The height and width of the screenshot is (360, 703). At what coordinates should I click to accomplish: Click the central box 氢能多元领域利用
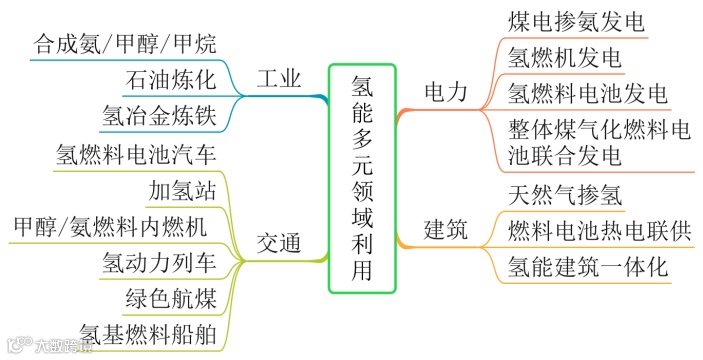[362, 178]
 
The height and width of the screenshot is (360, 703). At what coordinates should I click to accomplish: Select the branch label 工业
[279, 80]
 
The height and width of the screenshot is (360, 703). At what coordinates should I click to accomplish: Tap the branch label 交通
[279, 243]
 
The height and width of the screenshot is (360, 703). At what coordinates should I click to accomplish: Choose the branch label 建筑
[445, 229]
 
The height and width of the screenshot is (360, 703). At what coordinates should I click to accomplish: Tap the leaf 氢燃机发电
[565, 57]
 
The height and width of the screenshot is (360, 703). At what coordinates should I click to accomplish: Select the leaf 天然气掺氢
[565, 195]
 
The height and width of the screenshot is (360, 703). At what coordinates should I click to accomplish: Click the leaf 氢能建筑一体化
[587, 266]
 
